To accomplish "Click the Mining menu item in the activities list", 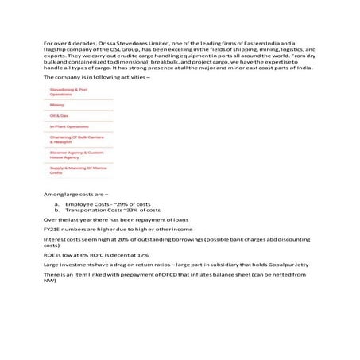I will pos(57,105).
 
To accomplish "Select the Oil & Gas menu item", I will pos(60,116).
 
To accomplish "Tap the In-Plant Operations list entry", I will pos(69,126).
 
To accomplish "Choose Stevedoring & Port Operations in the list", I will pos(68,92).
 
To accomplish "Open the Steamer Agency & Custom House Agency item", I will pos(76,154).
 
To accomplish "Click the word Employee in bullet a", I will pos(78,204).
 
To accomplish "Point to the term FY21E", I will pos(52,228).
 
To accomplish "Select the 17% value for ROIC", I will pos(142,254).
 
